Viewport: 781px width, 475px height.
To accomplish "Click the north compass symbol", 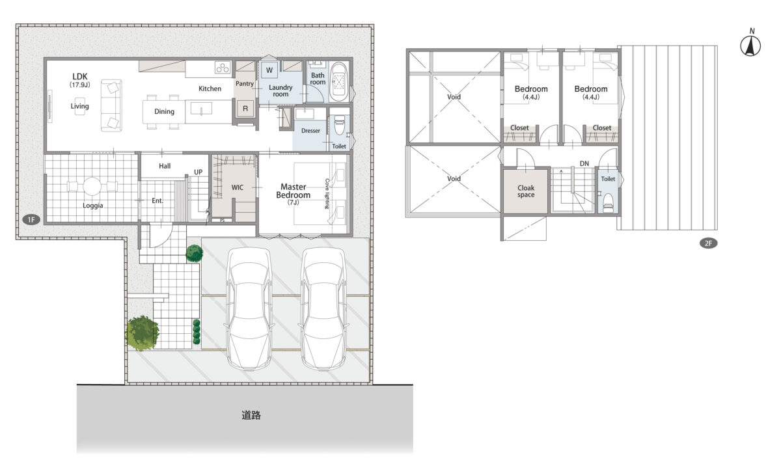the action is (x=750, y=46).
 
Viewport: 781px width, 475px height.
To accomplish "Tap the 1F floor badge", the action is (x=31, y=219).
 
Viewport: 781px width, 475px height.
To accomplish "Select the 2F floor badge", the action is (x=709, y=243).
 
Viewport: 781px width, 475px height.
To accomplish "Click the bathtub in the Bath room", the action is (x=339, y=82).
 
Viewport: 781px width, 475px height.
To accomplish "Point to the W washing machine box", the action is (x=269, y=70).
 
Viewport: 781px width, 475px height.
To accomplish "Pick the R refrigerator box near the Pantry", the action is (x=245, y=109).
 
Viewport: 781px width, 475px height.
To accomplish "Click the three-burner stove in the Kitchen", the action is (x=223, y=67).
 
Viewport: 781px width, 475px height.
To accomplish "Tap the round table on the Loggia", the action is (x=92, y=186).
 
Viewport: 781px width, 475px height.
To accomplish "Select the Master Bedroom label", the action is (x=294, y=191).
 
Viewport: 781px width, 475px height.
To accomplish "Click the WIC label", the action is (x=238, y=187).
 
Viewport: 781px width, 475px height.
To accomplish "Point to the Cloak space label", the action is (x=526, y=191).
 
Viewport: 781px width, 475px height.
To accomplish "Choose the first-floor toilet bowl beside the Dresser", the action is (x=339, y=125).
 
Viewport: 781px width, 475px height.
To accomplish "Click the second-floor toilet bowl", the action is (x=608, y=203).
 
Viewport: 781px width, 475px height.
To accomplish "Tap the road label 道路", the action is (x=251, y=415).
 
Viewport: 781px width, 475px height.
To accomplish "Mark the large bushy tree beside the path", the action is (x=143, y=332).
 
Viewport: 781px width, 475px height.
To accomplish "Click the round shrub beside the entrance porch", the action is (x=194, y=253).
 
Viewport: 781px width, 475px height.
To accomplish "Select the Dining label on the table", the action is (x=164, y=111).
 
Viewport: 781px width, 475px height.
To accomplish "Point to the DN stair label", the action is (x=584, y=163).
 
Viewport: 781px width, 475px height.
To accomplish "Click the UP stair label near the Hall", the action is (x=198, y=172).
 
